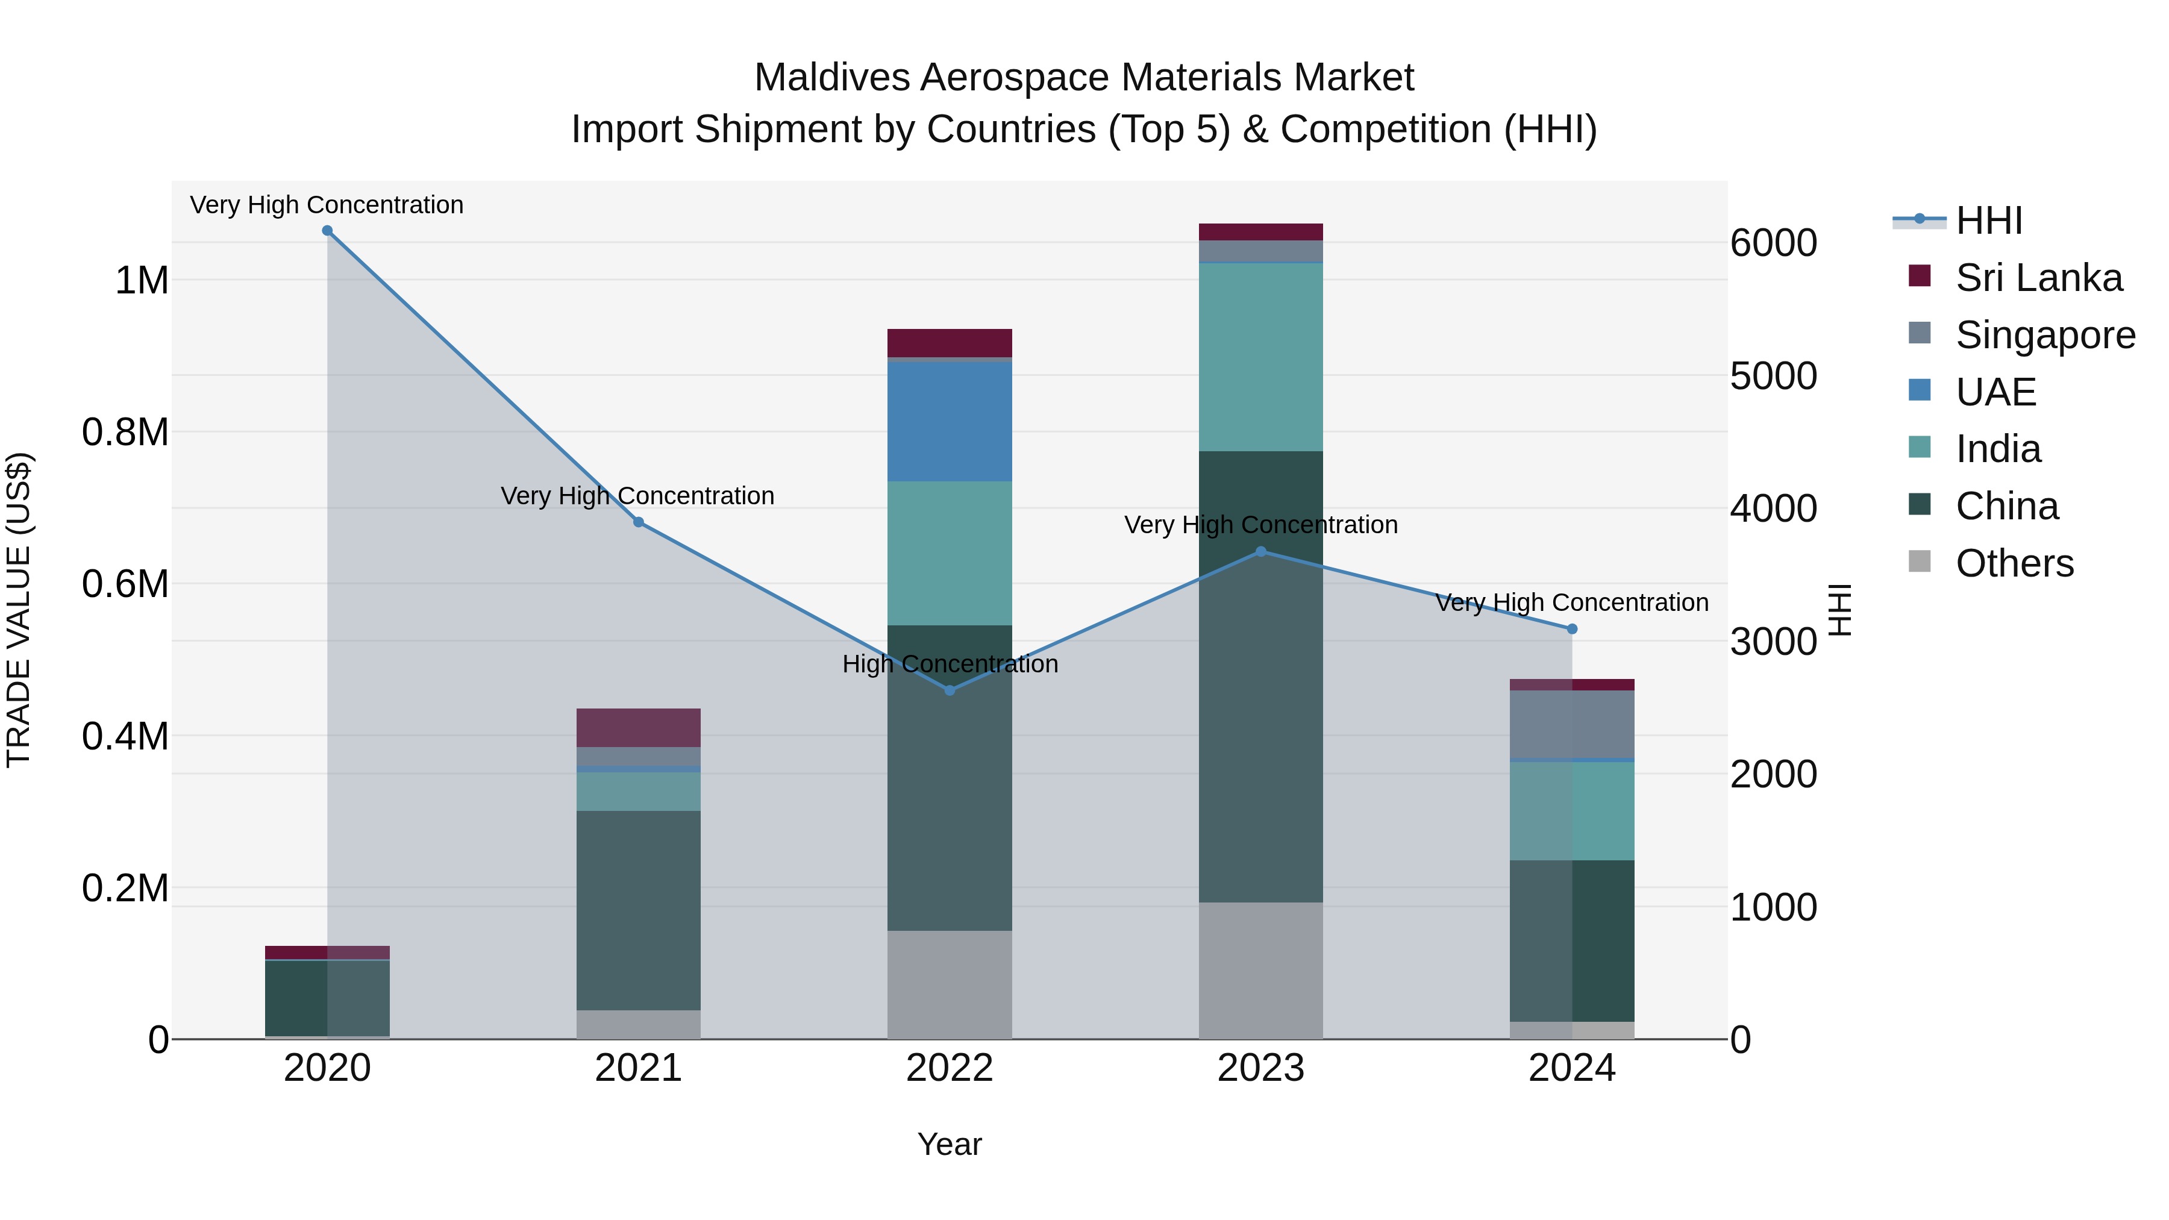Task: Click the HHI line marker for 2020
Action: (x=328, y=231)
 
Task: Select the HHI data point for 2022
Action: (x=950, y=690)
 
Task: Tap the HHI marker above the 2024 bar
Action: (x=1572, y=629)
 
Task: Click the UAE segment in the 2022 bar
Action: (x=950, y=421)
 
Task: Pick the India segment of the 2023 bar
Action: (x=1260, y=357)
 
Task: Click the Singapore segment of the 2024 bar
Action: (x=1572, y=724)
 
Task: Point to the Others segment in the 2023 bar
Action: (x=1260, y=970)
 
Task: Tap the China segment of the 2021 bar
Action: (x=638, y=909)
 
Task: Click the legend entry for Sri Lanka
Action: (x=2038, y=278)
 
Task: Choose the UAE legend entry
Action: (x=1995, y=392)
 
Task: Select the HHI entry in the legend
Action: (x=1988, y=221)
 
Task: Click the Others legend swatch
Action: (x=1920, y=562)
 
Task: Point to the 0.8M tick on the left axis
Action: (x=125, y=432)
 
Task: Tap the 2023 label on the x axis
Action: (x=1260, y=1068)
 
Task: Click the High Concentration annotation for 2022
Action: (x=950, y=665)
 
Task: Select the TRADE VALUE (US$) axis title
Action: (x=19, y=610)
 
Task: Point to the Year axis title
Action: (x=949, y=1144)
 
